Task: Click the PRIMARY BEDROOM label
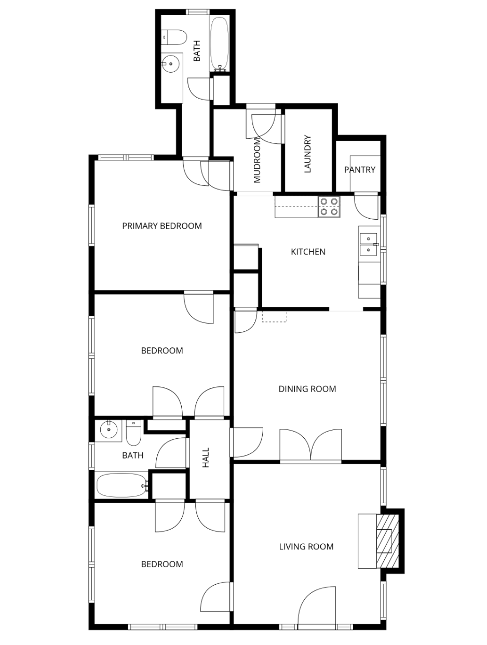161,226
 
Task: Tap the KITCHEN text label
308,252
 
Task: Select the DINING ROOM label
307,389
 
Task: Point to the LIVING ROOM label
306,546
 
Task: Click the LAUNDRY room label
307,154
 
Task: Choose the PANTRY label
359,170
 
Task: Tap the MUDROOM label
257,160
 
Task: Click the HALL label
206,458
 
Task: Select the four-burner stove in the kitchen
329,206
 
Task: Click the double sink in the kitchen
369,244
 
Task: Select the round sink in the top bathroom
170,64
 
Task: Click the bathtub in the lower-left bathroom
121,485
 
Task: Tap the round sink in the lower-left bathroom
108,429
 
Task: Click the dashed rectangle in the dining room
274,316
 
